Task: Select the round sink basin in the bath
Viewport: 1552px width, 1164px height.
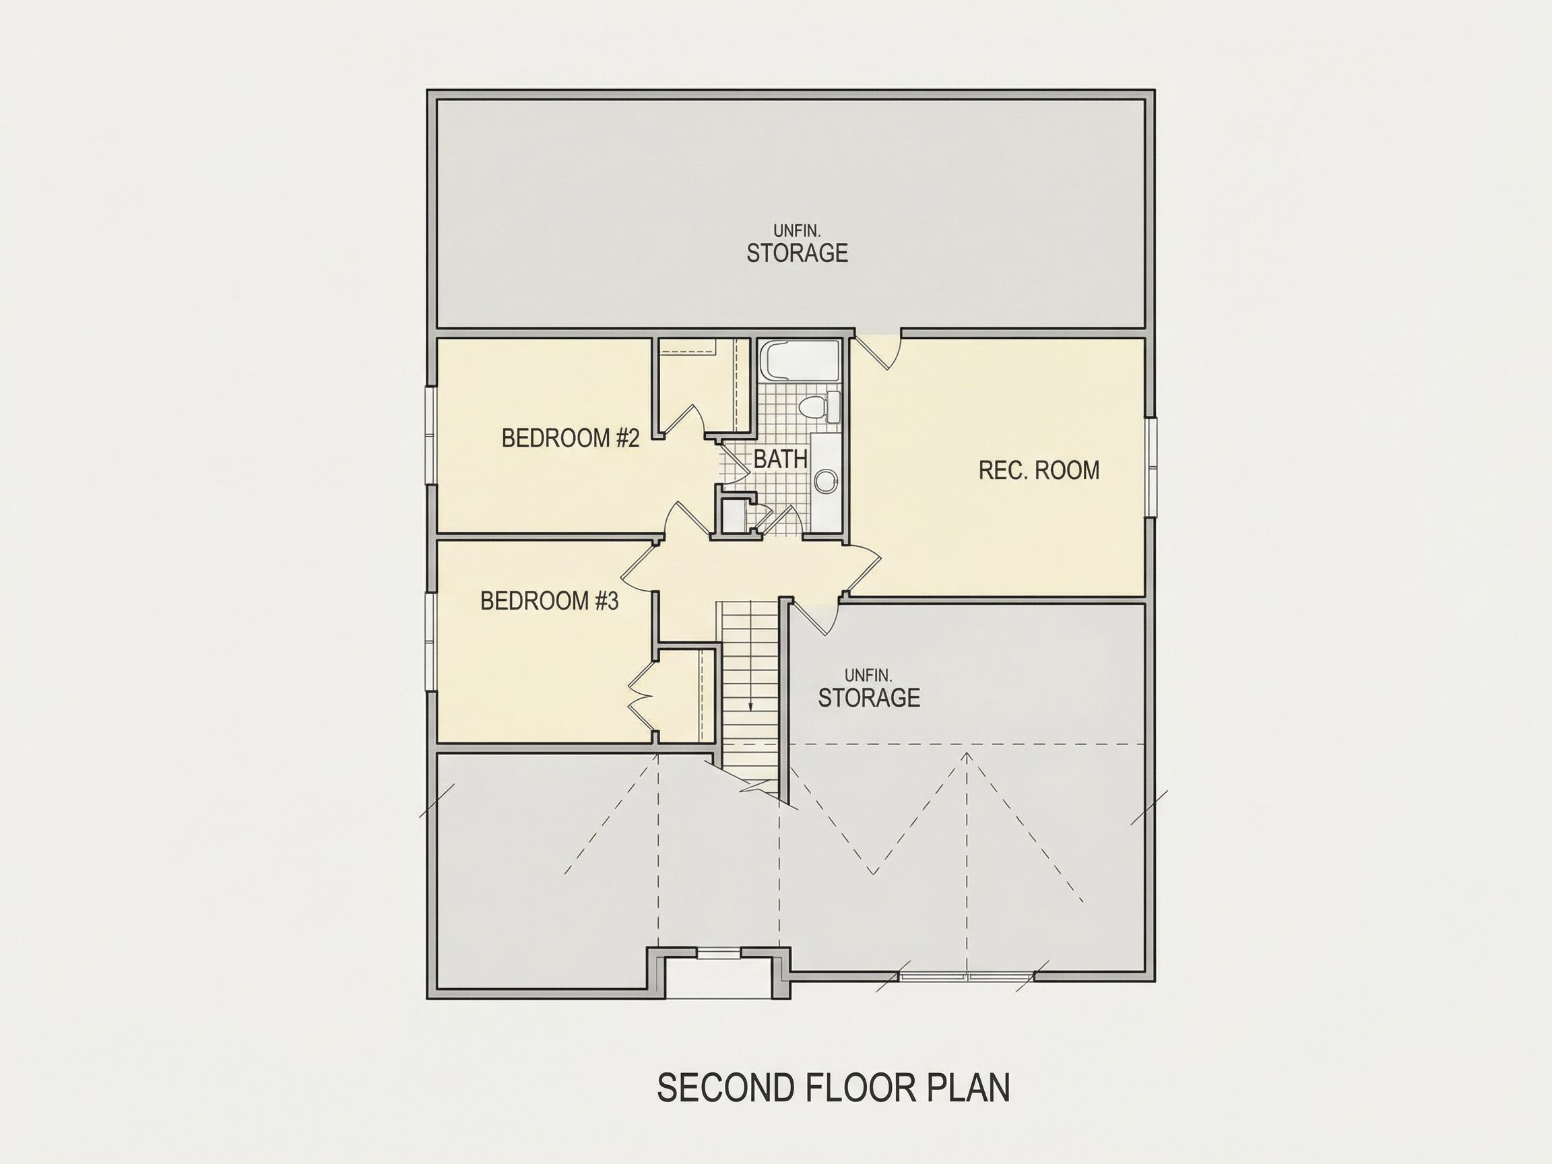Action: pyautogui.click(x=826, y=480)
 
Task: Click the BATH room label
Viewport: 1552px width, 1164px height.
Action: pyautogui.click(x=780, y=459)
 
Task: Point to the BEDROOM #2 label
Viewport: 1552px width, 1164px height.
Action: pyautogui.click(x=571, y=439)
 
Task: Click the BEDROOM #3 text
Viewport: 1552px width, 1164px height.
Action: pyautogui.click(x=550, y=601)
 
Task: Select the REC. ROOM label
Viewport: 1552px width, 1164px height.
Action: pyautogui.click(x=1039, y=470)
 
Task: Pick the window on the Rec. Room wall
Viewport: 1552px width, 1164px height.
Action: pyautogui.click(x=1151, y=467)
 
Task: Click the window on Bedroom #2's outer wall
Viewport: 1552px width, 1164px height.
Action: pyautogui.click(x=432, y=435)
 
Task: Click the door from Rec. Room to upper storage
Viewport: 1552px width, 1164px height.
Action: pyautogui.click(x=877, y=350)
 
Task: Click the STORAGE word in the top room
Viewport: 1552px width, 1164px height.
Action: pyautogui.click(x=797, y=253)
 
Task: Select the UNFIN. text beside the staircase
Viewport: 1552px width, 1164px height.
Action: pyautogui.click(x=868, y=676)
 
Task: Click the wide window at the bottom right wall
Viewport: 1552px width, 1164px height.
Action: pyautogui.click(x=967, y=976)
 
